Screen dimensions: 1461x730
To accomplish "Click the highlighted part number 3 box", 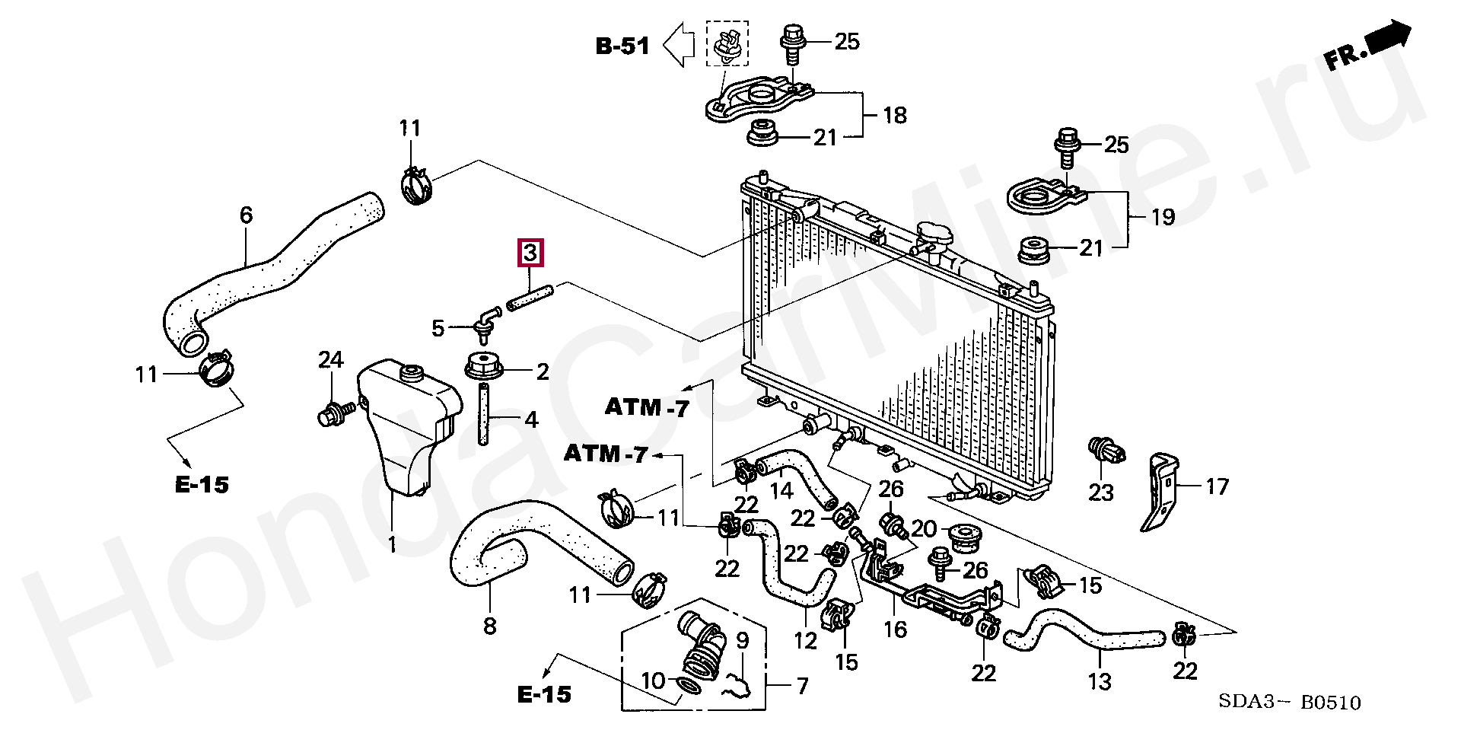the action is pos(530,252).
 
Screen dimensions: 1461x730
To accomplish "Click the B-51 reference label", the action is pos(622,46).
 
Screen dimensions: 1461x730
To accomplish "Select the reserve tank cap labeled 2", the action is pos(485,368).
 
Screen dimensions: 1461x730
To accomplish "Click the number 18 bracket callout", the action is pos(895,116).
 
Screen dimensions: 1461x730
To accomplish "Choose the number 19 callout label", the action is pos(1163,217).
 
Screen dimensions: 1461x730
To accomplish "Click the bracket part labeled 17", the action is pos(1159,492).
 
